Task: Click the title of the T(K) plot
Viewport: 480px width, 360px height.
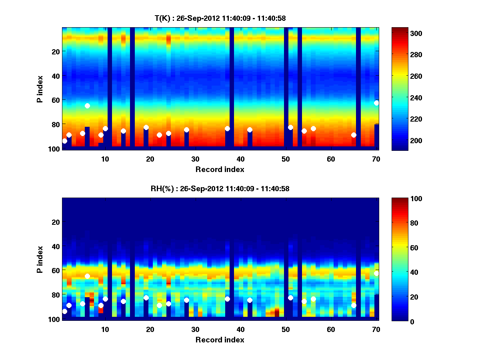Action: point(220,18)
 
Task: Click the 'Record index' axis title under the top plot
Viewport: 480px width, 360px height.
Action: point(220,170)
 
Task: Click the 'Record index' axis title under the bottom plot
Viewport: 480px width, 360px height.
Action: point(220,340)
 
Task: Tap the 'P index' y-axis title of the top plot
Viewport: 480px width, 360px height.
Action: point(40,88)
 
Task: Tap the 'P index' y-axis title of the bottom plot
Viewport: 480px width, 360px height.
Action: point(40,259)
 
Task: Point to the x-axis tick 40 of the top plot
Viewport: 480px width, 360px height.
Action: point(240,159)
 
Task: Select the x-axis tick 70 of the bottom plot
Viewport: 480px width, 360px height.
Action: point(376,329)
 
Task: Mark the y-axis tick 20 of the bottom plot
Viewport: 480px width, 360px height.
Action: point(56,222)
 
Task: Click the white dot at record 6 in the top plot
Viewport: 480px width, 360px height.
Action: point(87,106)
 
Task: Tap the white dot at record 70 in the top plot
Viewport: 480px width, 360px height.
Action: point(376,103)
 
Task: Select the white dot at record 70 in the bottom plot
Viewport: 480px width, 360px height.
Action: point(376,273)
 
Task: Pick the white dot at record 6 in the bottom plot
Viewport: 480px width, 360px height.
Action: point(87,276)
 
